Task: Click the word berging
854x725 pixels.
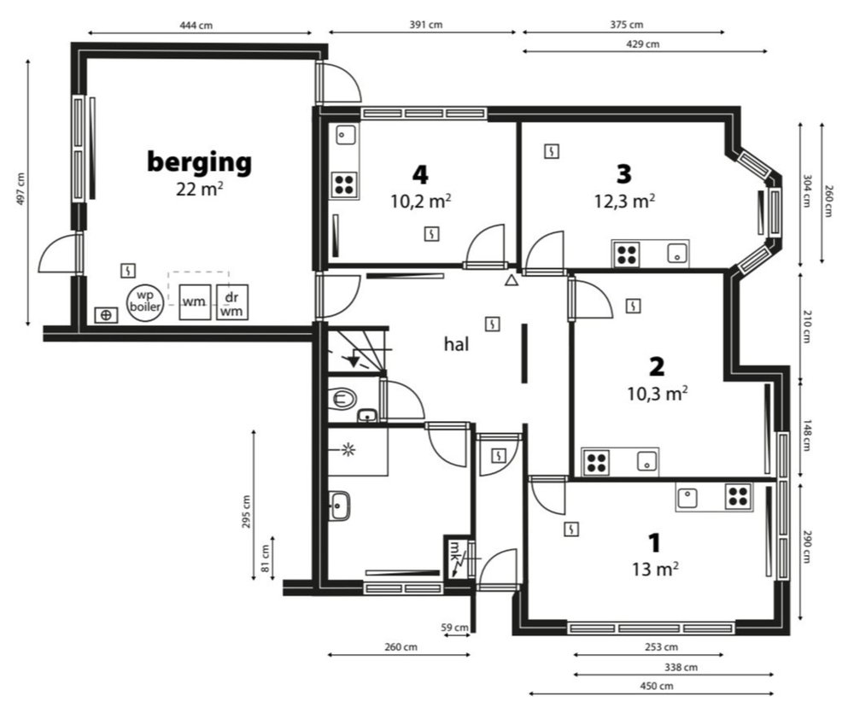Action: [x=199, y=162]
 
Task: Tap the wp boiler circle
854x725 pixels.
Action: [x=145, y=301]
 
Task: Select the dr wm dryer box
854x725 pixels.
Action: [x=232, y=302]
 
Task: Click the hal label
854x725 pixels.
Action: [x=456, y=343]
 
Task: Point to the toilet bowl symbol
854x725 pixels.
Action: [x=342, y=398]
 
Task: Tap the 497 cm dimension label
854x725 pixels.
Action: [x=20, y=189]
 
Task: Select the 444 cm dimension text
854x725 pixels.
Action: [x=196, y=25]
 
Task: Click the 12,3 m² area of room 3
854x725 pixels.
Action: [x=624, y=201]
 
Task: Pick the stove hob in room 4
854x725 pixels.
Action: [x=344, y=184]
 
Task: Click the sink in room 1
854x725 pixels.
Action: [x=687, y=497]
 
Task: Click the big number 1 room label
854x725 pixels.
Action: [x=654, y=543]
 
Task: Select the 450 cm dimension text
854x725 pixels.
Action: [x=656, y=686]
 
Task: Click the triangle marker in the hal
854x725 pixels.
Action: [x=511, y=281]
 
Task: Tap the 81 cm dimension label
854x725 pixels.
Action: [x=266, y=558]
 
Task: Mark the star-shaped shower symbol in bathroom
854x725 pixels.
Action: [x=348, y=449]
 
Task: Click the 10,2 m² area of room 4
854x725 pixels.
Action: [x=420, y=201]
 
